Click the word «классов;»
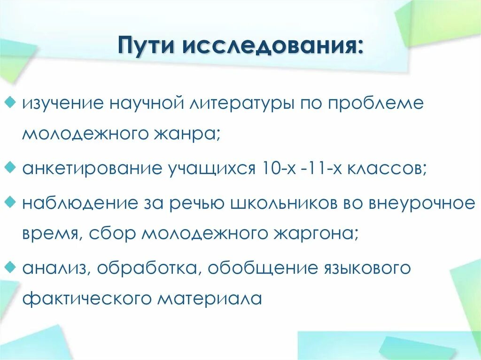387,168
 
